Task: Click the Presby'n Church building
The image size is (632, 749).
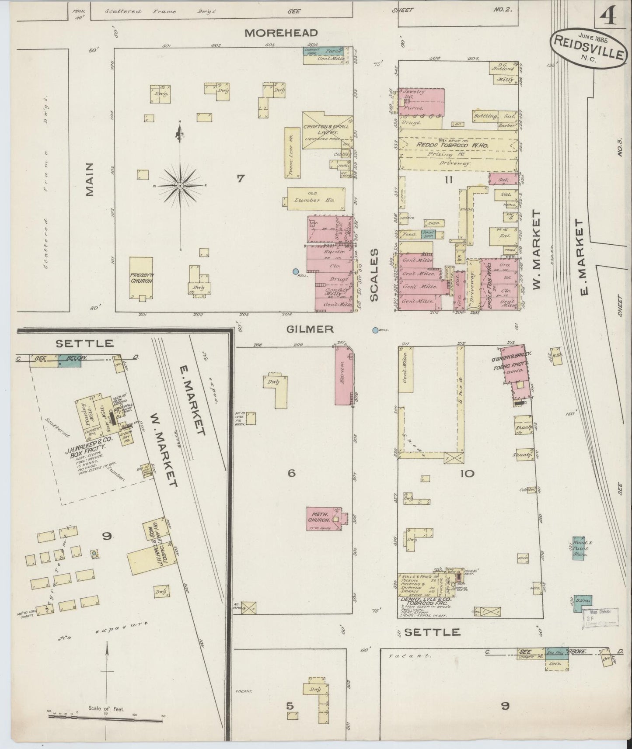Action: [x=141, y=278]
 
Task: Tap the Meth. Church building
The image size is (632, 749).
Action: [x=324, y=519]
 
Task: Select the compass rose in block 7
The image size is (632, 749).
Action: [x=180, y=186]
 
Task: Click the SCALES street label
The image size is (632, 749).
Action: [x=374, y=275]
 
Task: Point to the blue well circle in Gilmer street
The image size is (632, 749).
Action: [x=375, y=330]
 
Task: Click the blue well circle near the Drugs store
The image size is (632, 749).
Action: [x=296, y=271]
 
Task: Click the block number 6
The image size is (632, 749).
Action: [x=292, y=473]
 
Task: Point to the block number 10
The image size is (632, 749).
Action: [x=467, y=473]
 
